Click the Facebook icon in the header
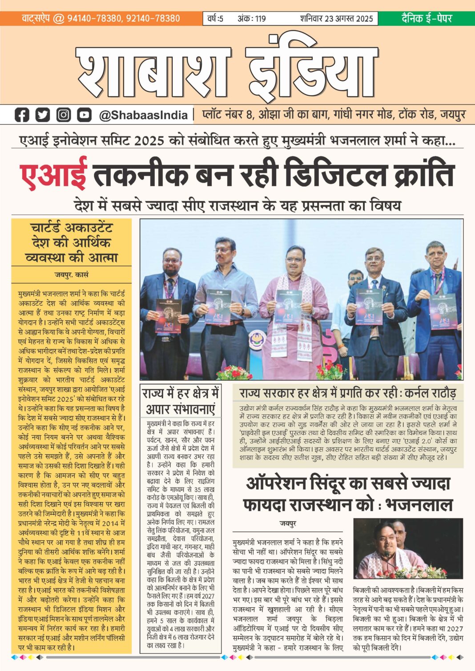21,115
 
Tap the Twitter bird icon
42,115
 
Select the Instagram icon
63,115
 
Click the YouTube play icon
84,115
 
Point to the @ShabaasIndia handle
143,115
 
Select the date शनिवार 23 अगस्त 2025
336,19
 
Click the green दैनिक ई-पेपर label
426,18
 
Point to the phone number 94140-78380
94,18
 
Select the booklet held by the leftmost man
169,316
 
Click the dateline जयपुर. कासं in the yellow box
72,275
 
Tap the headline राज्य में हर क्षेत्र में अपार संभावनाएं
180,401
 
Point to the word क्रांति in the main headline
424,174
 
